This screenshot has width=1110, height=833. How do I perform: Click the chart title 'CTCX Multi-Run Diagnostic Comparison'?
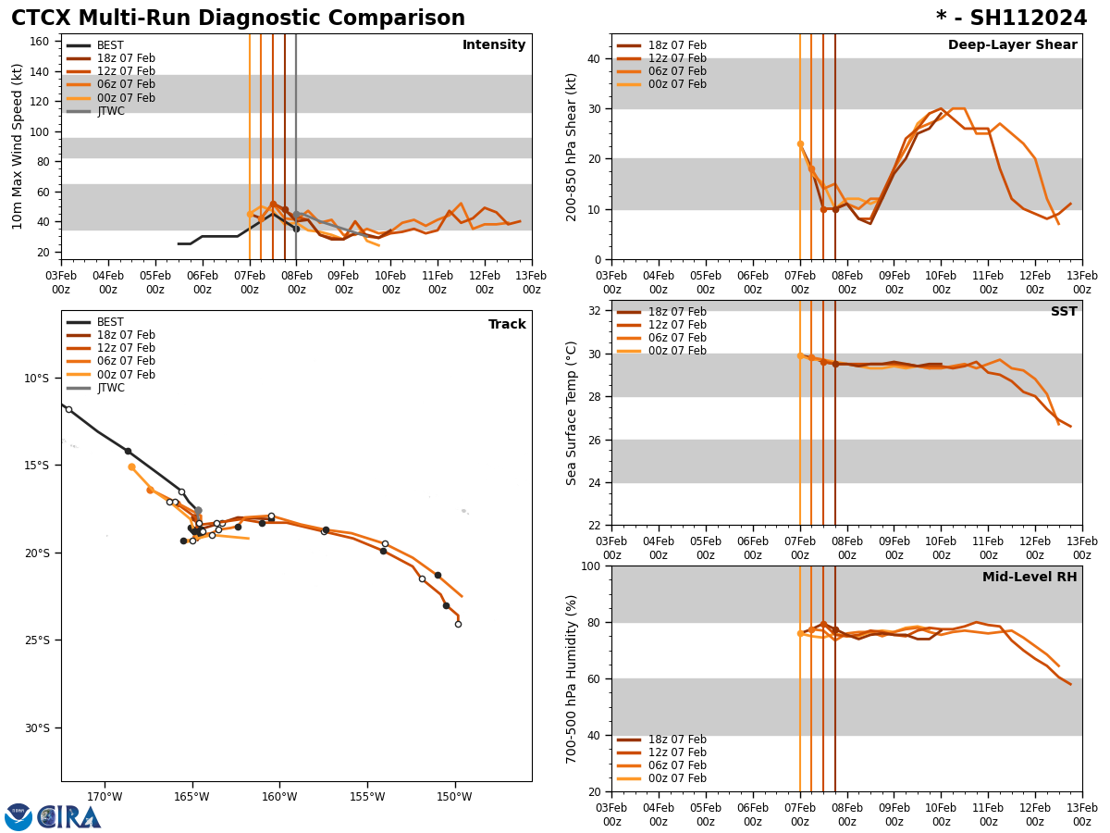238,19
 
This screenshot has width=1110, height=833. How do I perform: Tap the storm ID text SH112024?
1026,19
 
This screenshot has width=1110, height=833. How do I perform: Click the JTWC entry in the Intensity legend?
110,111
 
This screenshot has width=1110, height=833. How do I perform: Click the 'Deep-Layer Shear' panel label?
1012,45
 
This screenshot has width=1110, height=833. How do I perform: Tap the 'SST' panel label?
1063,312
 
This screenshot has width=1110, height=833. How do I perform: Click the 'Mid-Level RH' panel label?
1029,578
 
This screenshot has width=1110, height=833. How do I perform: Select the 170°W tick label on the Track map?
105,797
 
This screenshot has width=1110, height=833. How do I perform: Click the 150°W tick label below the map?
454,797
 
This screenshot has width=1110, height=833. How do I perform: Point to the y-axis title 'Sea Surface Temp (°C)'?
573,413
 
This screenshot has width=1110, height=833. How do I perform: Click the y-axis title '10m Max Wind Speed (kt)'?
18,146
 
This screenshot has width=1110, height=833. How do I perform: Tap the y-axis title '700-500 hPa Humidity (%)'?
573,678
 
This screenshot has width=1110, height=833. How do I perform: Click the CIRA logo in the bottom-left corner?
53,816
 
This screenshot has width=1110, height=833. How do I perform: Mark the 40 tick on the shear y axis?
592,58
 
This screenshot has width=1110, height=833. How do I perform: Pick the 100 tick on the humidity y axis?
589,566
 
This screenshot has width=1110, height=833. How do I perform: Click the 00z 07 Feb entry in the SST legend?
677,351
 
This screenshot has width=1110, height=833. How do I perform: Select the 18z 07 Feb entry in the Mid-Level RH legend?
677,740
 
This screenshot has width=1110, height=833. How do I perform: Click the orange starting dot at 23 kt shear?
800,143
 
